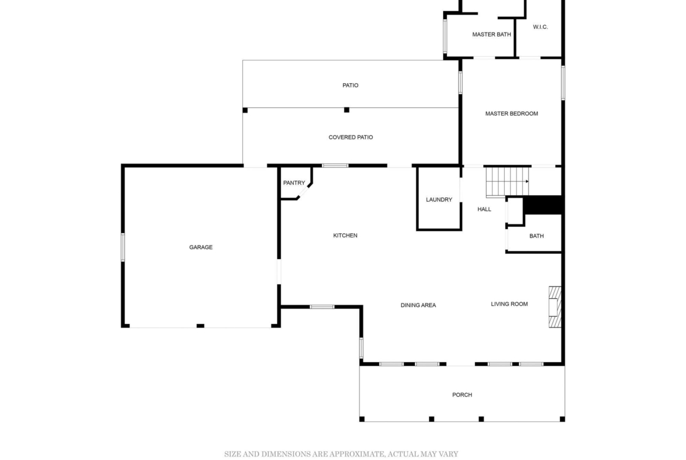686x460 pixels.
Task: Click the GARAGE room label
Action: point(201,247)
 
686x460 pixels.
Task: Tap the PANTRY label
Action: point(294,183)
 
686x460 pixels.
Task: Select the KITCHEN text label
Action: point(345,235)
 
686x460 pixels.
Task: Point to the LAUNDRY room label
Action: point(439,199)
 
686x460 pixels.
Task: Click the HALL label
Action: point(484,209)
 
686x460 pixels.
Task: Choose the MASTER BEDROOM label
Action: point(511,113)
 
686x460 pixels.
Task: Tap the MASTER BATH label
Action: point(491,34)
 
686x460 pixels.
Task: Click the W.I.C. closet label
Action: point(541,27)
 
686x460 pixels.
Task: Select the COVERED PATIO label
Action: point(351,137)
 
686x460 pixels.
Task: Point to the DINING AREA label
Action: point(418,305)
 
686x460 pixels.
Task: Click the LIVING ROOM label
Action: point(510,304)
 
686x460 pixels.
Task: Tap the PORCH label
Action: point(462,394)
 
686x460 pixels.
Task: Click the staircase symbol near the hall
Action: point(508,182)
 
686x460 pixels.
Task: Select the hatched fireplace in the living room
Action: point(555,306)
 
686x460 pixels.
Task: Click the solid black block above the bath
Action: point(542,205)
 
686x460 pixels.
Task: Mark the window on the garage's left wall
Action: point(123,247)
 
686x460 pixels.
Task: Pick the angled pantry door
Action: point(304,192)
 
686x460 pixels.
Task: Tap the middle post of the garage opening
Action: point(201,326)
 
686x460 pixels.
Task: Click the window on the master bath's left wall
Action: point(446,36)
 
